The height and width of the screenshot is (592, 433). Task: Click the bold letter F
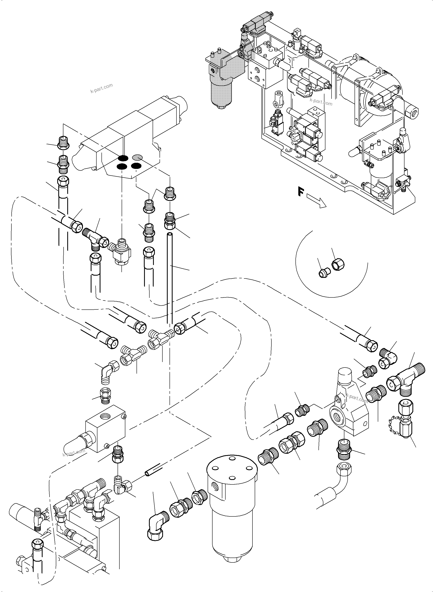pos(301,191)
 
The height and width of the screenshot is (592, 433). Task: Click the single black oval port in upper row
pos(123,158)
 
